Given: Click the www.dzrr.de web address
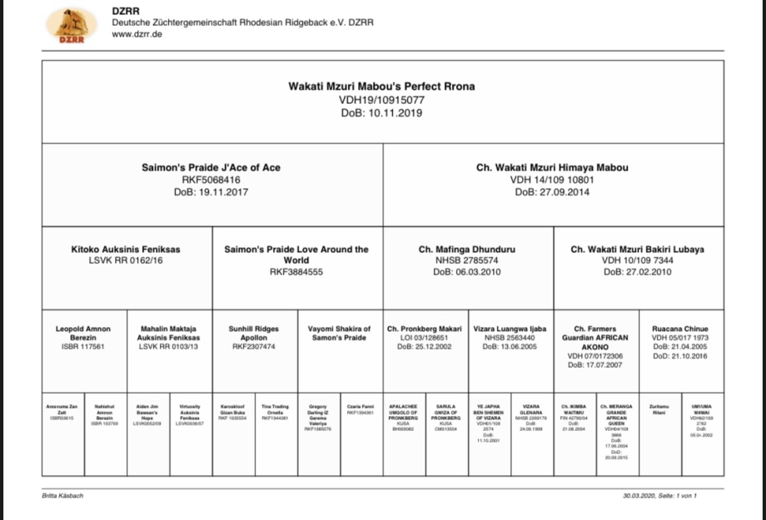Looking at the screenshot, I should tap(137, 34).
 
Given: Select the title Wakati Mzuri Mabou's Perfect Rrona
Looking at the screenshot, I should tap(382, 86).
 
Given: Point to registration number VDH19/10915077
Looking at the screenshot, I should tap(382, 99).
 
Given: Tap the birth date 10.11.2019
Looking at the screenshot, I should tap(382, 112).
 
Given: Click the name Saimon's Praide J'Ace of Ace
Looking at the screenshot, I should tap(211, 167).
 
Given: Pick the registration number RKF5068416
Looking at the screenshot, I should tap(211, 180).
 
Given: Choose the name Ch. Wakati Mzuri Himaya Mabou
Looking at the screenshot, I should tap(552, 167).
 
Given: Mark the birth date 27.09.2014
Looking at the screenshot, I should tap(552, 192).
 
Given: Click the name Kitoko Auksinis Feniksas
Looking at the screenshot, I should tap(126, 249).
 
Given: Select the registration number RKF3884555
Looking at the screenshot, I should tap(296, 271).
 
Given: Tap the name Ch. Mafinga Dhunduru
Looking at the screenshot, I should tap(466, 249).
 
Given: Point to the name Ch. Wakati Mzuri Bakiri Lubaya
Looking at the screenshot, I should tap(637, 249).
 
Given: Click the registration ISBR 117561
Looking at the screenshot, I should tap(82, 347).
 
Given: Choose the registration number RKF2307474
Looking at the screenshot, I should tap(253, 347).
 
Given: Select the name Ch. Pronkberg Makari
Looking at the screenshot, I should tap(425, 329).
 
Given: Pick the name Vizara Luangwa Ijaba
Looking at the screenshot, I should tap(510, 329).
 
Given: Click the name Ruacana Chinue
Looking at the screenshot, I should tap(680, 329).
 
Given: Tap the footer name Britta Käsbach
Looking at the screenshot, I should tap(62, 496).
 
